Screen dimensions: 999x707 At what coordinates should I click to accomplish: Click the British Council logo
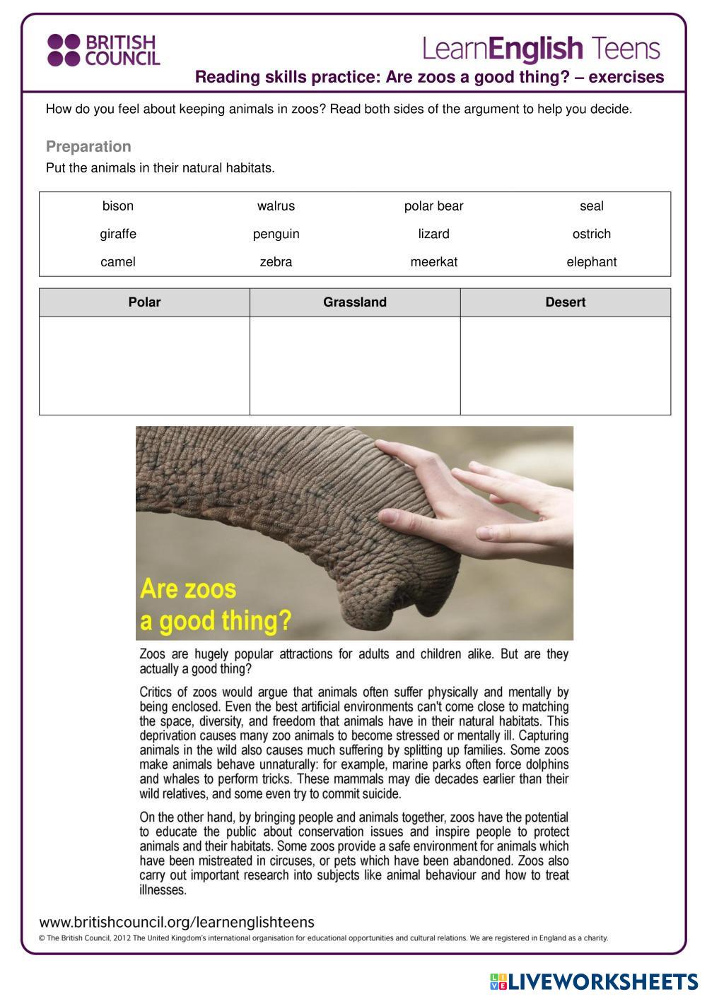click(x=103, y=50)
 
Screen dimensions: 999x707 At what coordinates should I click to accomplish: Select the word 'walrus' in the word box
click(x=276, y=206)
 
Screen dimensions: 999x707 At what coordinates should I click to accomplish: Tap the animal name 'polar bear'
click(x=433, y=206)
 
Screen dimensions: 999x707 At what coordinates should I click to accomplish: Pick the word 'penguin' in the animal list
click(x=276, y=234)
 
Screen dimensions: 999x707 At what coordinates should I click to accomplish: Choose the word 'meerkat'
click(x=433, y=262)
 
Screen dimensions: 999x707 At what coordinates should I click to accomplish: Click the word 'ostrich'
click(x=591, y=234)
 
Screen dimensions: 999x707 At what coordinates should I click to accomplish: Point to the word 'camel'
click(x=118, y=262)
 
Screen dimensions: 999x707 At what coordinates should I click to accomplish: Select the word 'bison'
click(x=118, y=206)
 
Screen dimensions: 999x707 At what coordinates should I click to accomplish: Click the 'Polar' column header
click(x=144, y=302)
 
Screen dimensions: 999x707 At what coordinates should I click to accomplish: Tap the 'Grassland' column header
click(x=355, y=302)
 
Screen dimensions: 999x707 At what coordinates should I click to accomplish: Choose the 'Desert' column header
click(x=565, y=302)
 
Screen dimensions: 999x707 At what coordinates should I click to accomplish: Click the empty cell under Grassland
click(x=355, y=365)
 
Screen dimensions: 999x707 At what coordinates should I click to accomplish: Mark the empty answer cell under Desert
click(x=565, y=365)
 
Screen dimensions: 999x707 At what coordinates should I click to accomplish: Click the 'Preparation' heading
click(x=88, y=147)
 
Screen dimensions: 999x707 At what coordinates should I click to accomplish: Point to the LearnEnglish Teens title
click(x=541, y=49)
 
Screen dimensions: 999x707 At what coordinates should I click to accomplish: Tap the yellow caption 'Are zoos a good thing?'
click(x=215, y=605)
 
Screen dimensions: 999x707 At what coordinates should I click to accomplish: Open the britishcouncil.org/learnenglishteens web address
click(x=177, y=922)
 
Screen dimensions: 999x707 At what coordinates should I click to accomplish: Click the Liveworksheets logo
click(x=594, y=981)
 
